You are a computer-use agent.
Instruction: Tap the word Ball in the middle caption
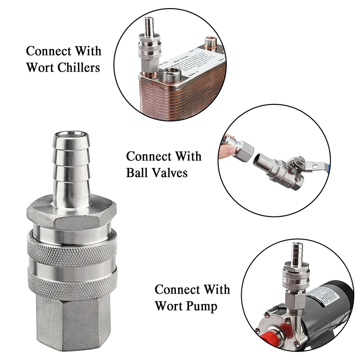[x=140, y=172]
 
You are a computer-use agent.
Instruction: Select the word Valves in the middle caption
[x=171, y=172]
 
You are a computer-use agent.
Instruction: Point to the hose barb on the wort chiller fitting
[x=147, y=27]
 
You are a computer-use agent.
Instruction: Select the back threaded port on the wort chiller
[x=209, y=44]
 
